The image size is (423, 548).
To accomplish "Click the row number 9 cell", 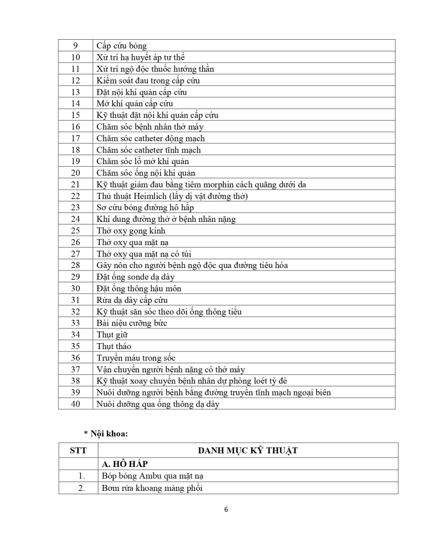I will coord(75,46).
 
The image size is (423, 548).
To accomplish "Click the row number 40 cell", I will coord(75,404).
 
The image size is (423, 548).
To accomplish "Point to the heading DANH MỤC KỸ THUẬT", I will coord(247,451).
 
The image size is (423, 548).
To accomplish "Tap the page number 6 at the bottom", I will coord(226,510).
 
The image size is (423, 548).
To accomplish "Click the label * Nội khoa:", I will coord(106,433).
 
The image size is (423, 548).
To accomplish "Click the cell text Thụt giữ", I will coord(112,335).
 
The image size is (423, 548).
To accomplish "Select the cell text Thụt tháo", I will coord(114,346).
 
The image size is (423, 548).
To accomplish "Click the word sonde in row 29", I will coord(139,277).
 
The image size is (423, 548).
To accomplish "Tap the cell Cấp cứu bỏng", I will coord(122,46).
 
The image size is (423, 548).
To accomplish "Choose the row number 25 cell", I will coord(75,230).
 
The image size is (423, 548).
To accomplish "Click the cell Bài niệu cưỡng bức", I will coord(132,323).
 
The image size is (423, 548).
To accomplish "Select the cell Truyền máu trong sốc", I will coord(136,358).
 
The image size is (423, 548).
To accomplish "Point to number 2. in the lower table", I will coord(81,488).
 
